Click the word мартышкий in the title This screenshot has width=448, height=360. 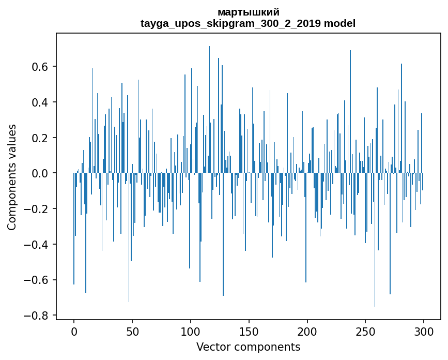(x=248, y=12)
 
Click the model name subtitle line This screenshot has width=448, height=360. (x=248, y=23)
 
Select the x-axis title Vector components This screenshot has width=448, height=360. (x=248, y=347)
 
